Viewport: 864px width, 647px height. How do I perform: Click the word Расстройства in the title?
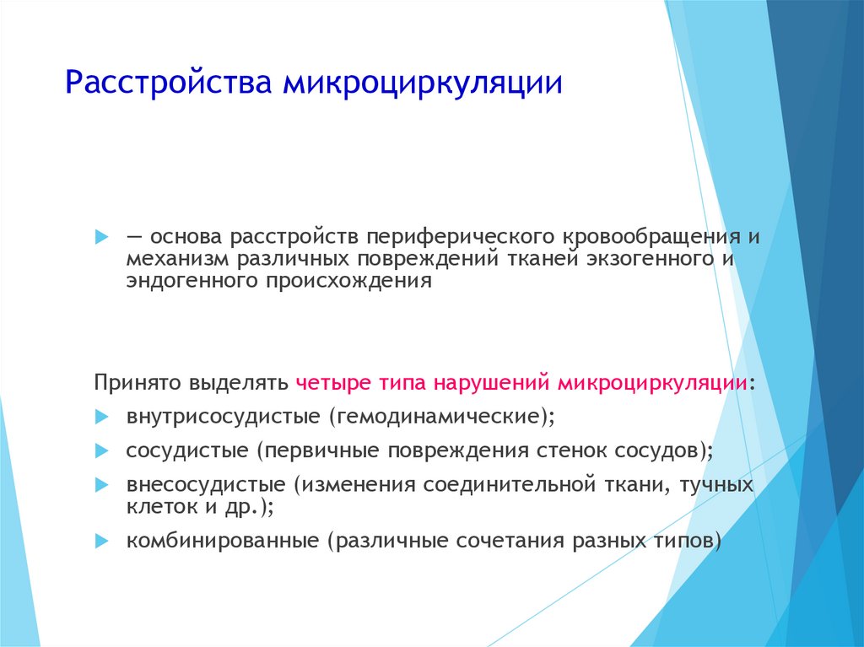click(x=169, y=82)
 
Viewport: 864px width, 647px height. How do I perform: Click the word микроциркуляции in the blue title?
click(x=423, y=84)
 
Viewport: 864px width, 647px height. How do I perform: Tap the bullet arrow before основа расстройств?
click(x=102, y=237)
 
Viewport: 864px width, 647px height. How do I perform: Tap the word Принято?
click(x=138, y=382)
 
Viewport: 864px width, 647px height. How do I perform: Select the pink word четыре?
click(x=334, y=382)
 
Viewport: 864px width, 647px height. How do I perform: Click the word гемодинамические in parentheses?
click(x=439, y=416)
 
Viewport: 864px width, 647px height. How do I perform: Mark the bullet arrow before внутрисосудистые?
click(x=102, y=418)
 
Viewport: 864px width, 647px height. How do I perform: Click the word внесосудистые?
click(x=206, y=485)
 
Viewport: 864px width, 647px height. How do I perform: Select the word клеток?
click(x=163, y=506)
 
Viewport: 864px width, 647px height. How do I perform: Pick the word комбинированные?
click(x=223, y=541)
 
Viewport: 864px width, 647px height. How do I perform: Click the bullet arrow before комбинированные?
click(x=102, y=542)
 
